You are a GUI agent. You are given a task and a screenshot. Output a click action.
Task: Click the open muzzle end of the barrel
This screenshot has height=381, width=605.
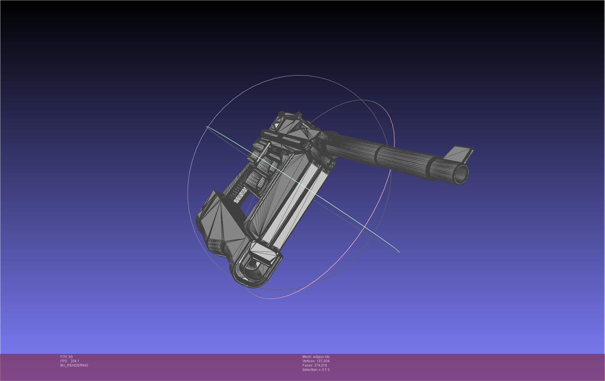click(461, 174)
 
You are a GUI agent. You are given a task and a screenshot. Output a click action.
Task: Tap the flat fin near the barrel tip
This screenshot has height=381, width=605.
click(459, 153)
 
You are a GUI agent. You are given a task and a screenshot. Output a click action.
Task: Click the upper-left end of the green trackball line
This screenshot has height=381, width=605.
click(207, 127)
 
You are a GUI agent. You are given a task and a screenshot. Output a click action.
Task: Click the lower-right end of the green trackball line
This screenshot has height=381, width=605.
click(399, 252)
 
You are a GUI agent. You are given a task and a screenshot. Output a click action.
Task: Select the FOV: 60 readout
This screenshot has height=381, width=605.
click(66, 357)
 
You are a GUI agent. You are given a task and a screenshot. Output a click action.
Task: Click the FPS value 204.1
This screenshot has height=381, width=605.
click(74, 361)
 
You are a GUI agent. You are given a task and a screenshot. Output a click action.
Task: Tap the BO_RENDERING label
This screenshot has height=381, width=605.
click(74, 365)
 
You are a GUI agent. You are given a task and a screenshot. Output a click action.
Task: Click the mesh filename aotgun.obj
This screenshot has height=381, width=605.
click(321, 357)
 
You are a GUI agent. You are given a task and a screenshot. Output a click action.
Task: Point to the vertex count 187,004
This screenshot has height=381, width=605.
click(323, 361)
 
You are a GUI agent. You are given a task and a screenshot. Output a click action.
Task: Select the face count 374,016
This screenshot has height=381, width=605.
click(320, 365)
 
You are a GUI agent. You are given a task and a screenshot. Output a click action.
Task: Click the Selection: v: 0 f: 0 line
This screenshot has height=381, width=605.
click(316, 370)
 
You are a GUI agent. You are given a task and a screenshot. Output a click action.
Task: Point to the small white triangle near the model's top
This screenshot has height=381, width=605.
click(277, 126)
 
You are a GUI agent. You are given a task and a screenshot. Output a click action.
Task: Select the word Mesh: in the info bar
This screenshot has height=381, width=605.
click(307, 357)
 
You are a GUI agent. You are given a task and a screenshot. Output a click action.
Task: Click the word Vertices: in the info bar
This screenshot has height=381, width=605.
click(309, 361)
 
